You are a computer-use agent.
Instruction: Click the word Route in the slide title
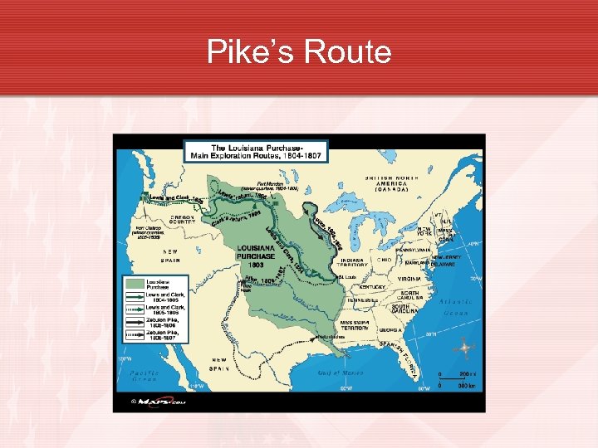coord(348,52)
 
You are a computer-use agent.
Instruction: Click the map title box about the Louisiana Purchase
coord(256,151)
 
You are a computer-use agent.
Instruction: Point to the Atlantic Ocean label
coord(454,306)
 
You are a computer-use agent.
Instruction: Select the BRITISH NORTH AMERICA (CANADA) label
coord(387,183)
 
